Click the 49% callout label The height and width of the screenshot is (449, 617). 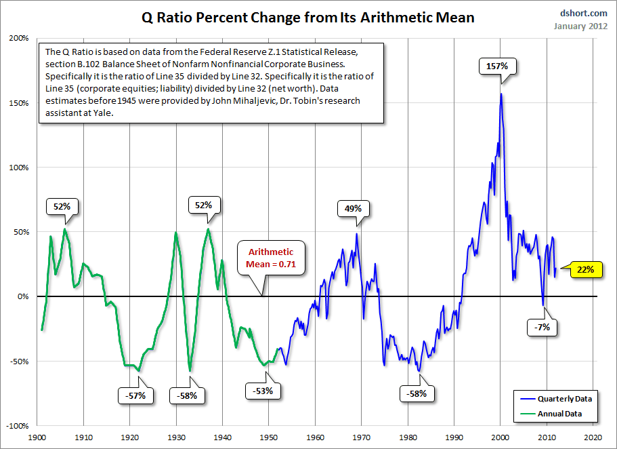point(353,209)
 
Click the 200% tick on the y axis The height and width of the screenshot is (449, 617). point(19,38)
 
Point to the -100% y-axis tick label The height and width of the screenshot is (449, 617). point(18,426)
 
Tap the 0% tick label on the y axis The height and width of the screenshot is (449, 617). point(23,296)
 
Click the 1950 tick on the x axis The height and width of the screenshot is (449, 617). point(269,437)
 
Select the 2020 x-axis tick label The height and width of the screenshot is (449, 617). point(593,437)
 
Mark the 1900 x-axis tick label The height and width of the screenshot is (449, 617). point(37,437)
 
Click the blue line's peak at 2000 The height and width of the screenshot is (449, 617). point(501,94)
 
